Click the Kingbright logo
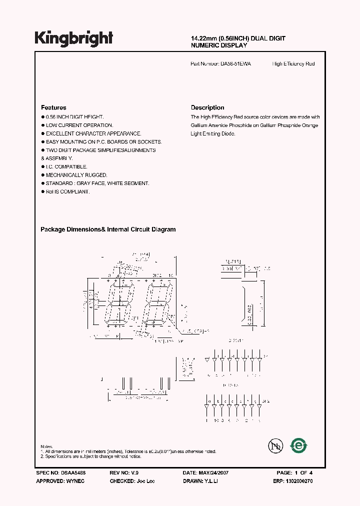tap(74, 38)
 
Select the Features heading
tap(53, 107)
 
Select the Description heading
tap(207, 107)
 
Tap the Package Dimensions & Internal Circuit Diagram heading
tap(108, 229)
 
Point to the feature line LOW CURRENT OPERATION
tap(79, 125)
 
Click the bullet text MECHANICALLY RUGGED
tap(76, 175)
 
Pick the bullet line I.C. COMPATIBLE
tap(66, 166)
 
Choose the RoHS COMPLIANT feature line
tap(67, 191)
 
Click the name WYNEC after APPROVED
tap(75, 480)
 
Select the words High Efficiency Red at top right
tap(293, 64)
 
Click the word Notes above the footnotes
tap(46, 446)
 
